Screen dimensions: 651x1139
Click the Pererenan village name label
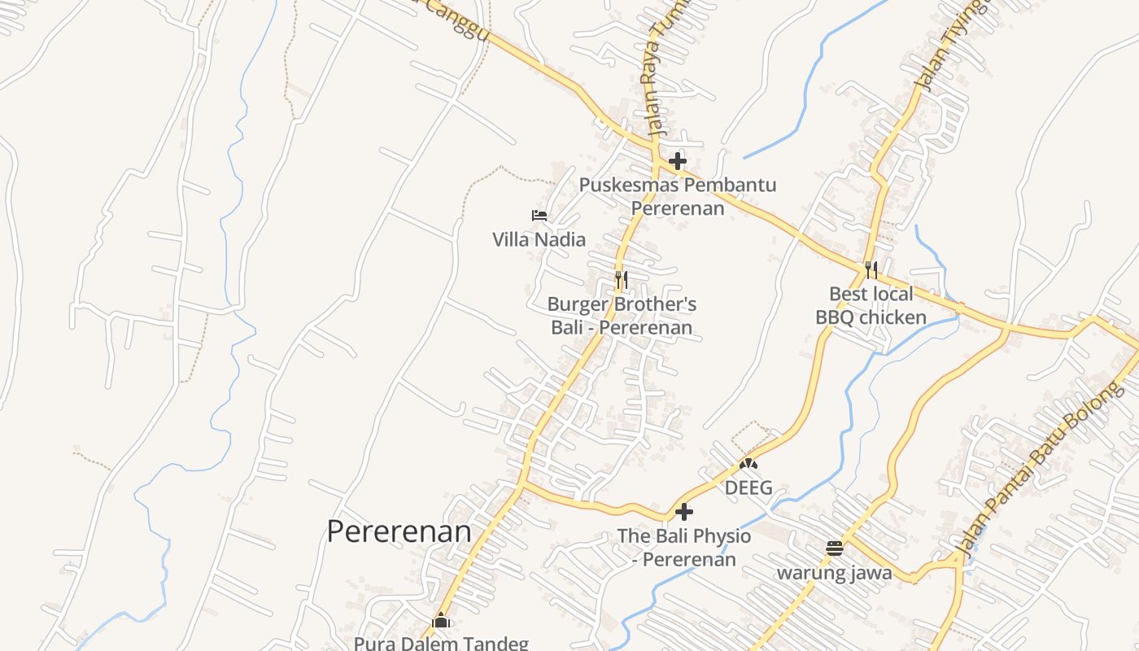tap(399, 531)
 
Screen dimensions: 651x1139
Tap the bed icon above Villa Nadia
tap(539, 216)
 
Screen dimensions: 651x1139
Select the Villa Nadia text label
tap(539, 239)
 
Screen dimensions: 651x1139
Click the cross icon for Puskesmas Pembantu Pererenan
tap(677, 161)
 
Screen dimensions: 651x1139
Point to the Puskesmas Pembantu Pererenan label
tap(678, 196)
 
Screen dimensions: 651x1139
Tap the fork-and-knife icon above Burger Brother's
tap(621, 281)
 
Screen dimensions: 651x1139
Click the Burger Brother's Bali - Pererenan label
tap(622, 316)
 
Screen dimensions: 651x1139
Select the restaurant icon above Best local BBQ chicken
tap(871, 269)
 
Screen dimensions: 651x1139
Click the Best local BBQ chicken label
tap(871, 305)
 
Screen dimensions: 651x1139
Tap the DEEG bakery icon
tap(748, 464)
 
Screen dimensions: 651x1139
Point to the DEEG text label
tap(748, 488)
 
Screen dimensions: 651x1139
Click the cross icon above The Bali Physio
tap(684, 512)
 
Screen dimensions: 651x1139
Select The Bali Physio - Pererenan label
tap(684, 548)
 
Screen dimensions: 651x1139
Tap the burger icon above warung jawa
tap(834, 548)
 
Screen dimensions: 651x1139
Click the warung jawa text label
tap(834, 573)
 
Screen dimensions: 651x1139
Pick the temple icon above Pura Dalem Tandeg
tap(441, 620)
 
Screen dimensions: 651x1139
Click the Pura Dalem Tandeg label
tap(441, 643)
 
